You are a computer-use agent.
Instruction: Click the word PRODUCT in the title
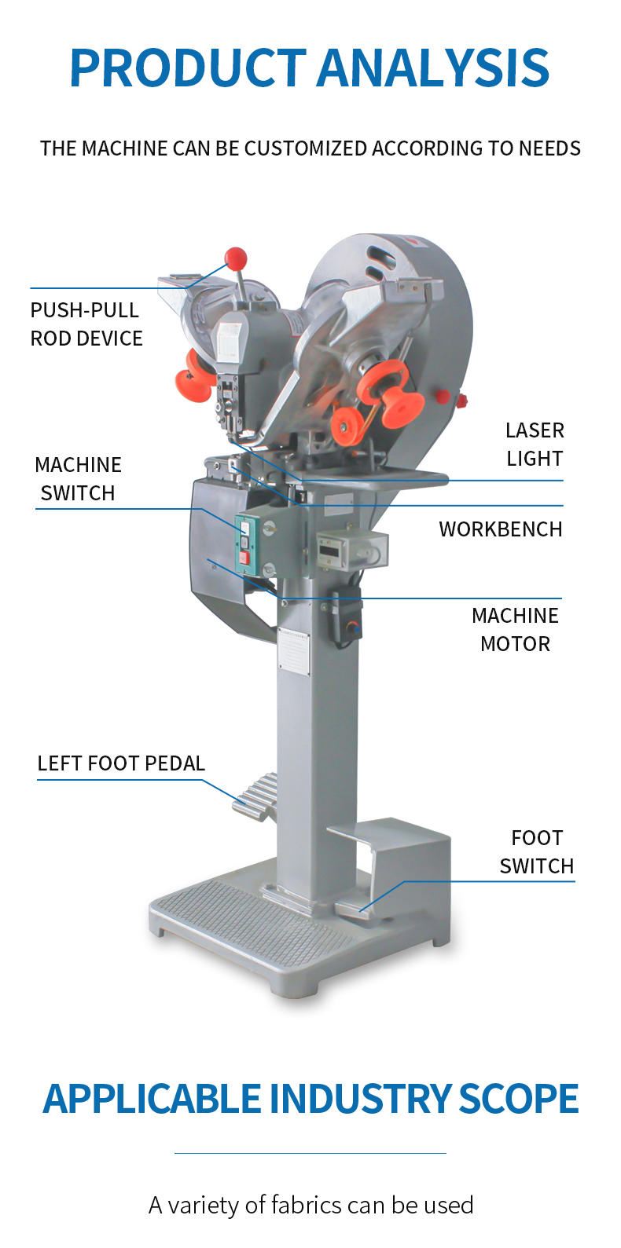187,68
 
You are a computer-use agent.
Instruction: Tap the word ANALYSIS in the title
433,68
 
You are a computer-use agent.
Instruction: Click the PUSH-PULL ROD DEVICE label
86,324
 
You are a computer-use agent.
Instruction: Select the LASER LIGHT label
535,445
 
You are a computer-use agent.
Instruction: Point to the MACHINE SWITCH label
78,479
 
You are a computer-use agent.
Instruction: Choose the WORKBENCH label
500,529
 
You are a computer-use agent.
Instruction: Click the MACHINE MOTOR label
515,630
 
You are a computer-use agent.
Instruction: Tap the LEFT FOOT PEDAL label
121,763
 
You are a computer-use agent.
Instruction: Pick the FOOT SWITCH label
536,852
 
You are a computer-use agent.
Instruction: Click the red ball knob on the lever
236,257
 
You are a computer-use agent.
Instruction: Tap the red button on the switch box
244,558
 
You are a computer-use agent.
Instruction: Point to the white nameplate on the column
294,651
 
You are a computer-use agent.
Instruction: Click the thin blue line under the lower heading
310,1153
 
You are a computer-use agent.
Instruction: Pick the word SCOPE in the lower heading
518,1099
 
